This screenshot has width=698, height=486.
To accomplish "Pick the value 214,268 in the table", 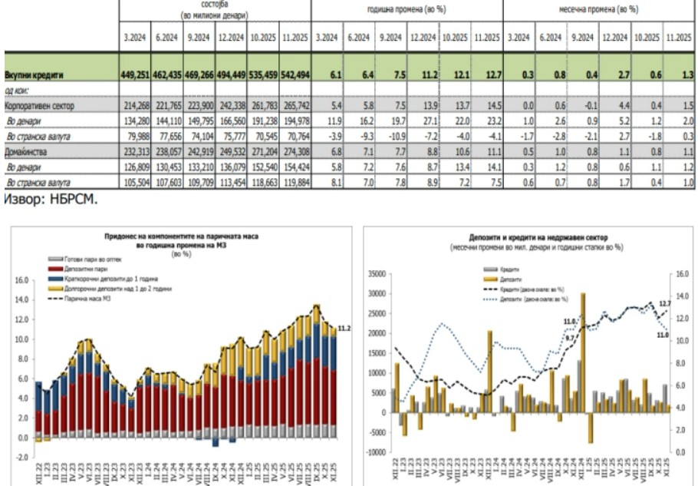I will [134, 105].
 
